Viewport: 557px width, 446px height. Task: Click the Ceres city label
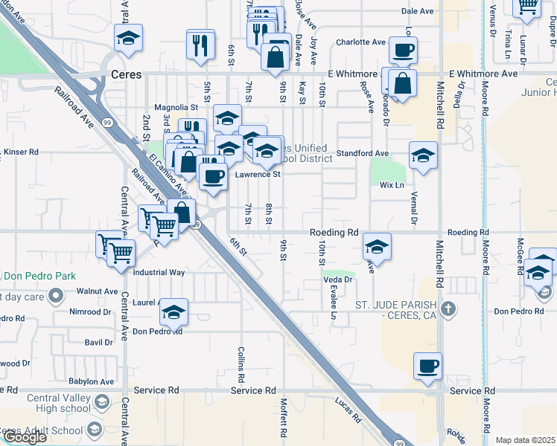[126, 74]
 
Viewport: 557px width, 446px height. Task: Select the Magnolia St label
[176, 107]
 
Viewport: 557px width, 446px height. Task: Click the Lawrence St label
[258, 175]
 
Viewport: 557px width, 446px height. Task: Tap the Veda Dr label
[337, 279]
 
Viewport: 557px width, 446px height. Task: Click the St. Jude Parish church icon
[448, 308]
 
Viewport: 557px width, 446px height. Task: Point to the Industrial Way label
[159, 272]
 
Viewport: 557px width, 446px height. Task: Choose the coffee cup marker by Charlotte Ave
[403, 51]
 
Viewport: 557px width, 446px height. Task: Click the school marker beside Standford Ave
[423, 156]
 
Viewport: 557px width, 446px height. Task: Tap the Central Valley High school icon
[103, 402]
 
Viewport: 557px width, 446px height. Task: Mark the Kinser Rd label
[21, 152]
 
